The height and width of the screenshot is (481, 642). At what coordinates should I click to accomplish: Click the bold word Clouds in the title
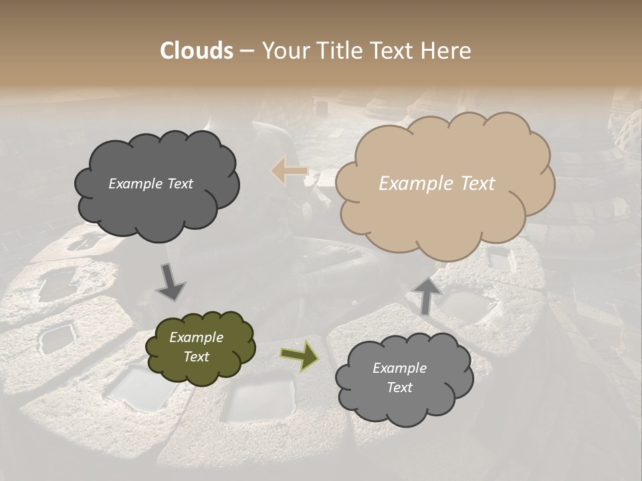click(197, 51)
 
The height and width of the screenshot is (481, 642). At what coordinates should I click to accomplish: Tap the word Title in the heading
click(336, 51)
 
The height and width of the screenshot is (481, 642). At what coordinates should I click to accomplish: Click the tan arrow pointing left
click(289, 171)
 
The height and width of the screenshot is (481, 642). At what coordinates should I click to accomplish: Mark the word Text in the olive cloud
click(196, 357)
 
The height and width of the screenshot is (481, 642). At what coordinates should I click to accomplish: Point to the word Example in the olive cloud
click(196, 337)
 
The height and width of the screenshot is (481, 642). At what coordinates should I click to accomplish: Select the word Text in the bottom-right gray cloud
click(399, 387)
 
